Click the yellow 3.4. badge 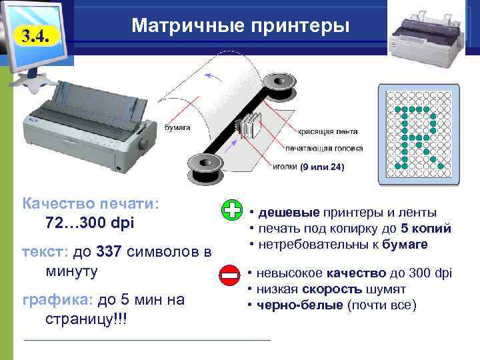point(37,36)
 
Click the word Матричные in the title point(188,25)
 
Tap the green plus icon point(232,210)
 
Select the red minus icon point(229,275)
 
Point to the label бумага point(177,127)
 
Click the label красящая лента point(327,131)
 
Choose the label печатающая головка point(324,149)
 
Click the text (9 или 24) point(322,167)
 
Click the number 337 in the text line point(109,251)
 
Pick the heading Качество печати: point(91,203)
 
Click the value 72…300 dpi point(90,223)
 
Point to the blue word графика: point(57,300)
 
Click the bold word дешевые point(289,213)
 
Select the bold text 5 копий point(426,229)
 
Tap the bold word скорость point(332,289)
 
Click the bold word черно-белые point(300,305)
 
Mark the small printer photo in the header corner point(426,36)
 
